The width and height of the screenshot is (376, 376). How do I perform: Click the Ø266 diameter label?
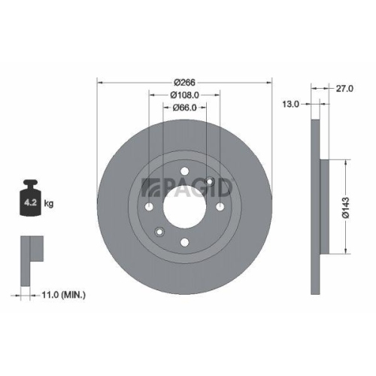click(x=184, y=81)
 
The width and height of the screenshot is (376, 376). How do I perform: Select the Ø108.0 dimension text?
click(x=184, y=95)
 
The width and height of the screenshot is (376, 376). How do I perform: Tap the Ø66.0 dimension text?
click(x=184, y=108)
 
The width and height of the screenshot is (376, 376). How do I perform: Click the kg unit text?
click(x=49, y=204)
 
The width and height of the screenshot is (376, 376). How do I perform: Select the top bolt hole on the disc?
click(x=184, y=171)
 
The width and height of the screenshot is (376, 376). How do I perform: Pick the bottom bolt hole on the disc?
click(x=184, y=241)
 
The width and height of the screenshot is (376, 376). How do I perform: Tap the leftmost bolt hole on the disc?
click(x=149, y=207)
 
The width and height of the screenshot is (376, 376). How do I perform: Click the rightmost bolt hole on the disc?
click(x=220, y=207)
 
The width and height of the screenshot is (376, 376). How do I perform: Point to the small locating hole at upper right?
click(x=211, y=181)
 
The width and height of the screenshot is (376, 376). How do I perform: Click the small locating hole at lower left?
click(x=159, y=231)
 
